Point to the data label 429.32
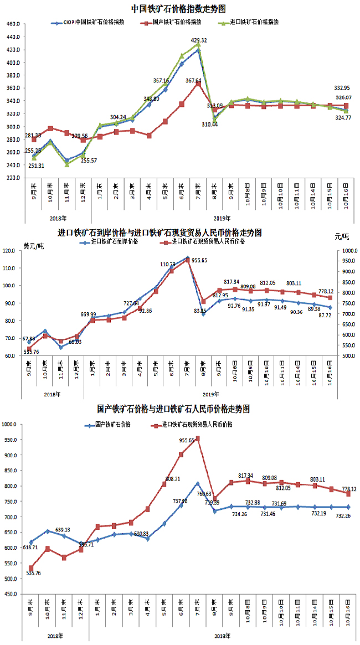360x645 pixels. [198, 40]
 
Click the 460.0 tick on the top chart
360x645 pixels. [13, 24]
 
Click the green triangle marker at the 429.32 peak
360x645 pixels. [198, 46]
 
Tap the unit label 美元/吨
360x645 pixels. [33, 245]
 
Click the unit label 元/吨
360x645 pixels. [342, 236]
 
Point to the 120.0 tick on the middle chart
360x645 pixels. [9, 251]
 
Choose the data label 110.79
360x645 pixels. [168, 265]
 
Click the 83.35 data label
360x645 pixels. [200, 326]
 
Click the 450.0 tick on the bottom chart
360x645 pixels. [11, 594]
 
